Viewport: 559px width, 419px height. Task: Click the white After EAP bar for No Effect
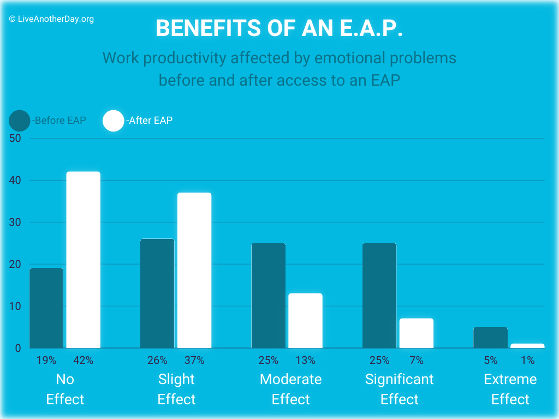(84, 260)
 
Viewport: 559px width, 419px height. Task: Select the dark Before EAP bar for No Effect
(46, 308)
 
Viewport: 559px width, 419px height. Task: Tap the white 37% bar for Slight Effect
(194, 271)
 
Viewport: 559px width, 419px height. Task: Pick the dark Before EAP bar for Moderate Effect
(269, 295)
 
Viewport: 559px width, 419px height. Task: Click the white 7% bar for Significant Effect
(417, 333)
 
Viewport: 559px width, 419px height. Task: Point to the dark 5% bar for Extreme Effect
(491, 337)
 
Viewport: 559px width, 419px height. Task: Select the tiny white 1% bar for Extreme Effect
(528, 346)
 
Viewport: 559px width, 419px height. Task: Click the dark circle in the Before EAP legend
(20, 121)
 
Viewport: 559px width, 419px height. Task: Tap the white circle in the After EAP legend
(114, 121)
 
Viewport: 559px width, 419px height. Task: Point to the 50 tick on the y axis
(15, 138)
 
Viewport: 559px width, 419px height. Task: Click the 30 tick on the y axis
(15, 223)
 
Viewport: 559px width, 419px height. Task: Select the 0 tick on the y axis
(18, 348)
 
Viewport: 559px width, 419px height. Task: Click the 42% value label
(84, 360)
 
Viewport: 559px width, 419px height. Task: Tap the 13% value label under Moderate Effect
(306, 360)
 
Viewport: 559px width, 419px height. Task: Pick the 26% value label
(157, 360)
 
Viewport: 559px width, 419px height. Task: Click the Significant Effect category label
(399, 389)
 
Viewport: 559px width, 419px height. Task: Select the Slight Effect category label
(176, 389)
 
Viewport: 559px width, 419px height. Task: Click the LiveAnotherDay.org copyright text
(52, 19)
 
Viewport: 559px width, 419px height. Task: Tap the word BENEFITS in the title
(209, 28)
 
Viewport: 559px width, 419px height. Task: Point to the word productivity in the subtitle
(185, 58)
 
